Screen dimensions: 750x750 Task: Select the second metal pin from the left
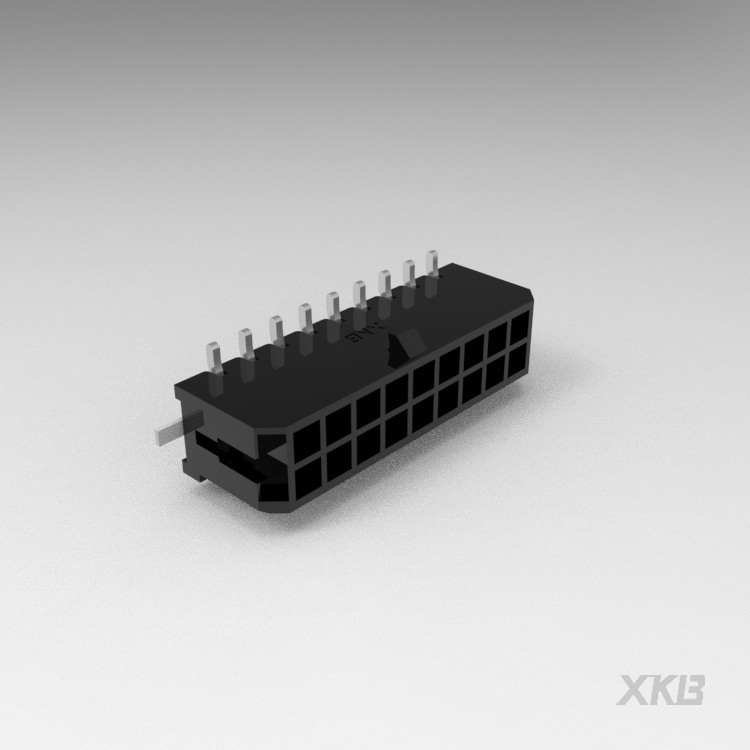click(246, 344)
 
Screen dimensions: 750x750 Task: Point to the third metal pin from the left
click(275, 330)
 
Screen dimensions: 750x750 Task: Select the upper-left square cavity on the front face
click(307, 436)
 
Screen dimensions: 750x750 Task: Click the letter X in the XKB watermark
click(634, 691)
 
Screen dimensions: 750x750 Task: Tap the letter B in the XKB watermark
click(691, 691)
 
